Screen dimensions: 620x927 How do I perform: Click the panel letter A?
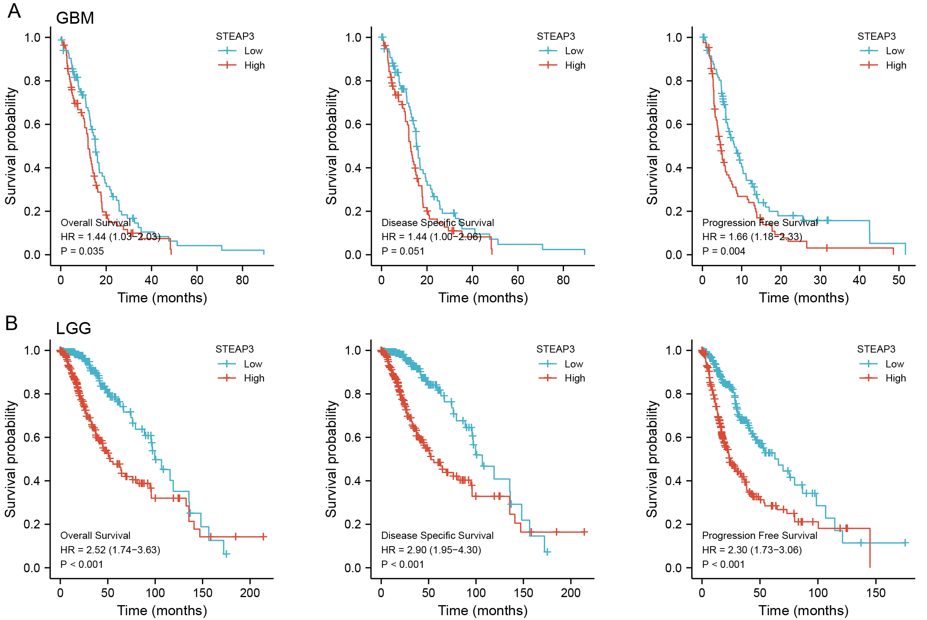click(x=14, y=11)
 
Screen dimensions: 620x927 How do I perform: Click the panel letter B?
click(x=12, y=323)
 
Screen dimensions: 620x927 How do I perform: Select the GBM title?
click(x=75, y=18)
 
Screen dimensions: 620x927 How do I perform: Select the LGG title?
click(x=74, y=328)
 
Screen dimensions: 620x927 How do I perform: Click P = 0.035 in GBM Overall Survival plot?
click(x=82, y=251)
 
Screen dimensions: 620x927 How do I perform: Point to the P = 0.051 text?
click(x=403, y=251)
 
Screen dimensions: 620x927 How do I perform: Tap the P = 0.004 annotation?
click(x=723, y=251)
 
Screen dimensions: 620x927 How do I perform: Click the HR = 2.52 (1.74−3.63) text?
click(x=110, y=550)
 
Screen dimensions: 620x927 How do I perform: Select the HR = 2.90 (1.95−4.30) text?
click(x=431, y=550)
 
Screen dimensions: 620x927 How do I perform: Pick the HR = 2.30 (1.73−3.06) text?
click(x=752, y=550)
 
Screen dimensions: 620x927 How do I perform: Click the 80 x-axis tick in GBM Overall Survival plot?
click(x=242, y=280)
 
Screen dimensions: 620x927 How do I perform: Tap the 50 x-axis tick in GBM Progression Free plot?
click(x=899, y=280)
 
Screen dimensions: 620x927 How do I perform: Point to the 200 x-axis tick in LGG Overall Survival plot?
click(x=250, y=593)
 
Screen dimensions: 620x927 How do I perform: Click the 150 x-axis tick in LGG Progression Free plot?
click(x=876, y=593)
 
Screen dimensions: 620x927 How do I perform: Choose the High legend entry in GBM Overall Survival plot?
click(x=254, y=65)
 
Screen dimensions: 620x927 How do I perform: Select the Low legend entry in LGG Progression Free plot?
click(x=894, y=364)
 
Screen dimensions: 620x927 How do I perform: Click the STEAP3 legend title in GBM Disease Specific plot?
click(x=556, y=37)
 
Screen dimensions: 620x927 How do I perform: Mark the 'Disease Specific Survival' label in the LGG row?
click(x=437, y=536)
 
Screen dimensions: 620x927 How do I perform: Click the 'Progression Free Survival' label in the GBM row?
click(x=760, y=223)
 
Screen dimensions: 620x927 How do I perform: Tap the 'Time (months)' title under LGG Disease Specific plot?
click(x=483, y=611)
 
